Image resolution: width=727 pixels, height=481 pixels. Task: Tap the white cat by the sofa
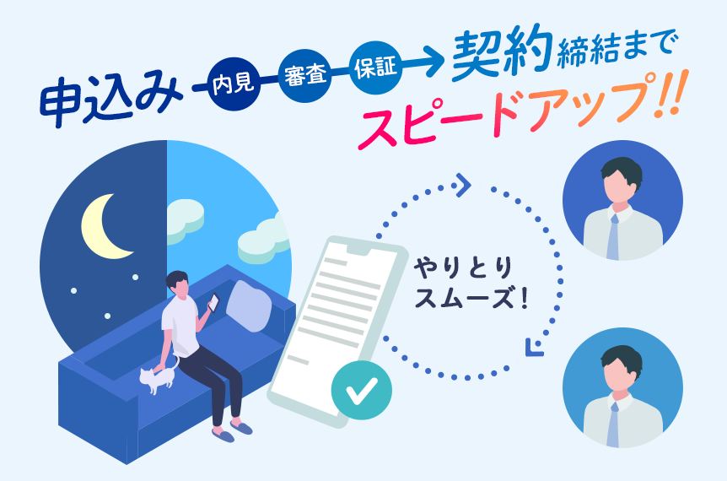tap(157, 381)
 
